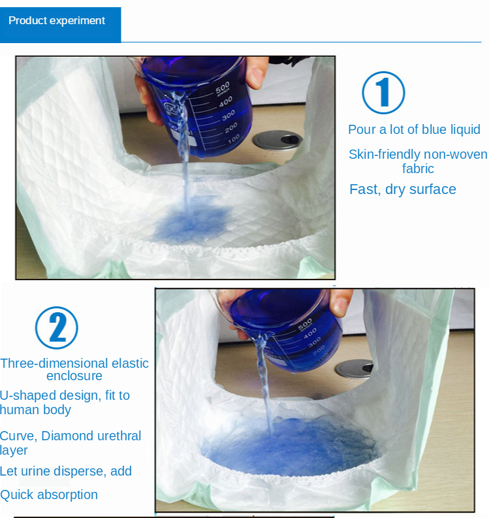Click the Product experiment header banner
(x=61, y=25)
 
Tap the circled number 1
(x=383, y=93)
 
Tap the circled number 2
(x=57, y=328)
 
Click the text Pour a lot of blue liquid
(x=414, y=129)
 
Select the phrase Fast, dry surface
(x=403, y=189)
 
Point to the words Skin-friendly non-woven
(x=418, y=154)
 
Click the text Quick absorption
(x=49, y=495)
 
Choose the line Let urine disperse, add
(x=66, y=471)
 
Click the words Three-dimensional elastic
(x=74, y=363)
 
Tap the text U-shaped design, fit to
(x=65, y=395)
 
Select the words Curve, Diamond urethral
(x=71, y=436)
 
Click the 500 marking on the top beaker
(x=223, y=88)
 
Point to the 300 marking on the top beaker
(x=229, y=115)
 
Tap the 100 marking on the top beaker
(x=234, y=139)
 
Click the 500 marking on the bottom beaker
(x=305, y=324)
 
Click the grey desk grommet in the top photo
(x=277, y=140)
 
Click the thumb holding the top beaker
(x=257, y=73)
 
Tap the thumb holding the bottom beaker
(x=341, y=302)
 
